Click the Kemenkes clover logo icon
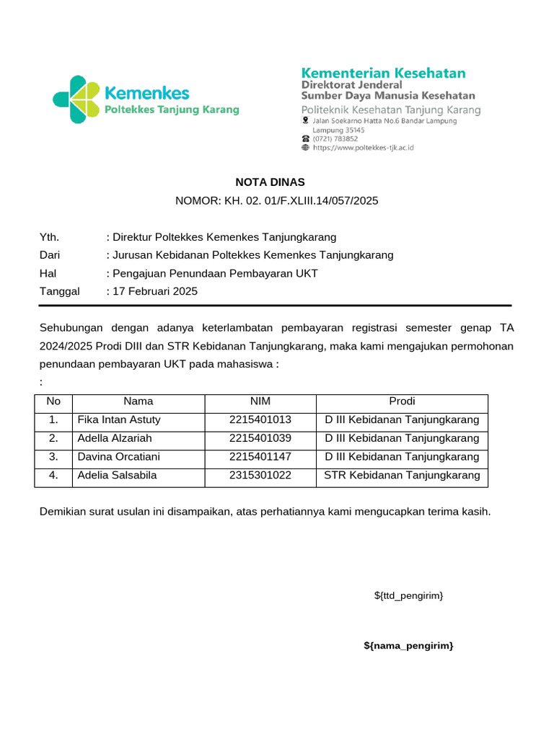click(76, 99)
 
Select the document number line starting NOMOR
click(277, 201)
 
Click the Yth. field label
click(49, 237)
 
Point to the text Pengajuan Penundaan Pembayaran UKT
click(215, 273)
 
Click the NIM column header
click(260, 401)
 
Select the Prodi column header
click(402, 401)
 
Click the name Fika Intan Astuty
click(119, 419)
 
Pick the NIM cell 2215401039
click(260, 438)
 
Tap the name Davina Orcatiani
click(118, 457)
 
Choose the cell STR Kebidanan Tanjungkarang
click(402, 476)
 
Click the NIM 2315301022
click(260, 476)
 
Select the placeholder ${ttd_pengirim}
click(408, 595)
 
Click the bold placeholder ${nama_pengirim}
click(408, 646)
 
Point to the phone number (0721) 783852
click(335, 138)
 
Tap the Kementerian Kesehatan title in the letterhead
click(383, 74)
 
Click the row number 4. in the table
click(53, 476)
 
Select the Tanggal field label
click(59, 292)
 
